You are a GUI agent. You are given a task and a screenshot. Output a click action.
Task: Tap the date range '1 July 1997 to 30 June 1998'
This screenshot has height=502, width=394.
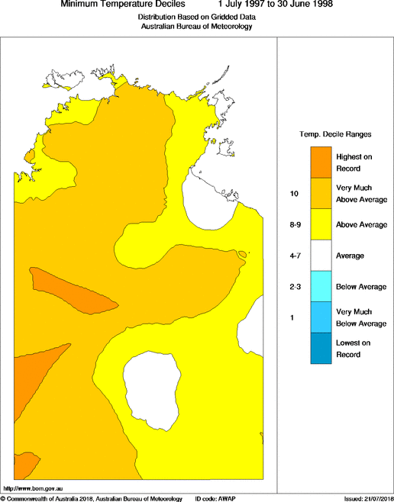[275, 5]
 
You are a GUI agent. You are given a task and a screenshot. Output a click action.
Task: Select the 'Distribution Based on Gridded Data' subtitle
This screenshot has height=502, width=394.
[196, 17]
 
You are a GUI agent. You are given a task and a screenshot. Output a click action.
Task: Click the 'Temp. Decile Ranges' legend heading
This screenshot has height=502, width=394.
[335, 134]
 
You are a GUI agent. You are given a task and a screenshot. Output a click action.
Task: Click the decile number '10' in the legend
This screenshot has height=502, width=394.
[294, 194]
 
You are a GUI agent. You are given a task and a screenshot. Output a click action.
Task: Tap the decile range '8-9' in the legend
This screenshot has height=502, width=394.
[294, 225]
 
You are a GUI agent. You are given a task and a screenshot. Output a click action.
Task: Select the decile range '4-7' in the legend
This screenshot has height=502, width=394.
[294, 256]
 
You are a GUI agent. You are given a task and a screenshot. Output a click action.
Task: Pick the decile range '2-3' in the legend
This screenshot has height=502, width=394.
[294, 286]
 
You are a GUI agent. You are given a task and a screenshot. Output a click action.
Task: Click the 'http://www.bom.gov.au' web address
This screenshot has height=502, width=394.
[33, 488]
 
